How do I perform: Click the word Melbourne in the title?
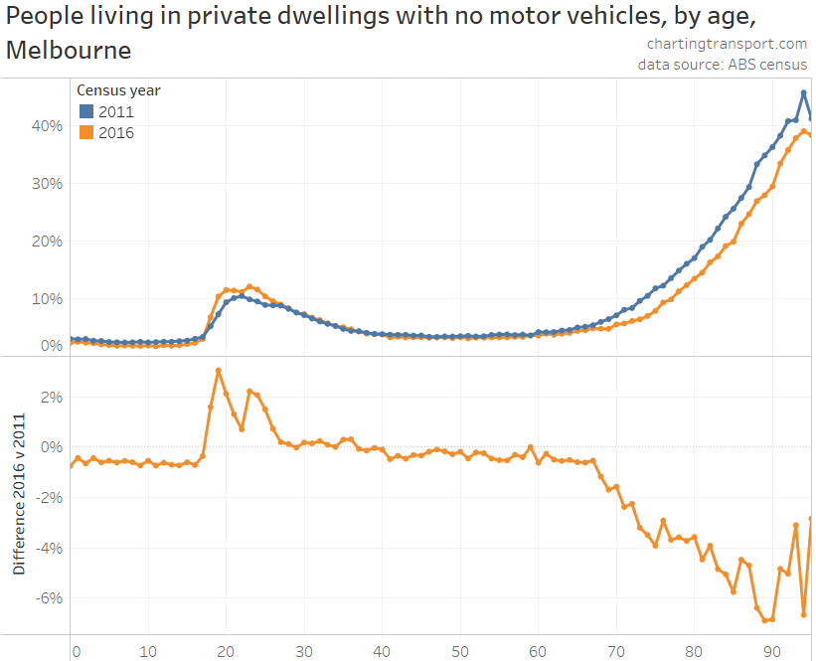tap(69, 50)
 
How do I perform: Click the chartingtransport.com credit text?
tap(727, 44)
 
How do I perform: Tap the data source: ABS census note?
tap(723, 65)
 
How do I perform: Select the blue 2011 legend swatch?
tap(86, 111)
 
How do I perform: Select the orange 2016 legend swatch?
tap(86, 132)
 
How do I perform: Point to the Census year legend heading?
tap(119, 90)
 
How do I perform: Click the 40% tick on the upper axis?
tap(48, 126)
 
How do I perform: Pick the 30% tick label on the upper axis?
tap(48, 184)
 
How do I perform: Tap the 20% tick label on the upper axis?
tap(48, 242)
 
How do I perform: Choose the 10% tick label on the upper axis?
tap(48, 299)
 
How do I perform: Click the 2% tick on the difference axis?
tap(51, 397)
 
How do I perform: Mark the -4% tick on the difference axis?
tap(48, 548)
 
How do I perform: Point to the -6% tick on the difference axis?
tap(48, 598)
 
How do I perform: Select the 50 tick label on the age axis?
tap(459, 652)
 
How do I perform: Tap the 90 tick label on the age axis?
tap(772, 652)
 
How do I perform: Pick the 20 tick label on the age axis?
tap(226, 652)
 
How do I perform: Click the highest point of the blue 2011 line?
tap(803, 93)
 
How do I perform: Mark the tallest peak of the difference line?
tap(219, 371)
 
